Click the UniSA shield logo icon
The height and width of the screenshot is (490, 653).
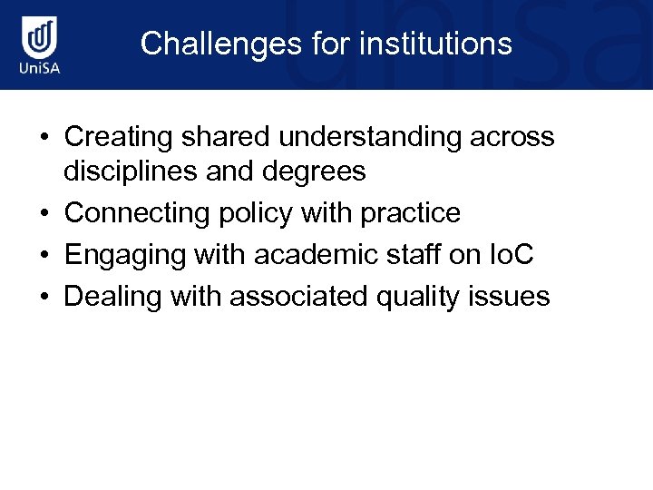coord(41,38)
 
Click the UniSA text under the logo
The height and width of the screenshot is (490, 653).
coord(41,69)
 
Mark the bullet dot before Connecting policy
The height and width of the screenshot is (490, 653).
coord(44,214)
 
